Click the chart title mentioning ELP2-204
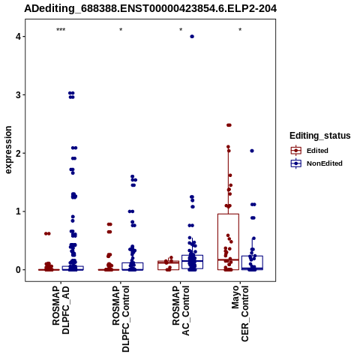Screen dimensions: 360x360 click(x=150, y=8)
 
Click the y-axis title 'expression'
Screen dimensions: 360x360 click(x=8, y=150)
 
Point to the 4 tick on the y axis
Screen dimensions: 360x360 click(x=19, y=37)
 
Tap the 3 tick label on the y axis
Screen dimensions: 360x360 click(x=19, y=94)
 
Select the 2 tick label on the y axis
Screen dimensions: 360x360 click(x=19, y=153)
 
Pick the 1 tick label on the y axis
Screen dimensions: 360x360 click(x=19, y=211)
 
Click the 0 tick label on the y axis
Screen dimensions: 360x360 click(x=19, y=270)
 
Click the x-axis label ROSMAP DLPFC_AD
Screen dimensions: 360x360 click(x=61, y=310)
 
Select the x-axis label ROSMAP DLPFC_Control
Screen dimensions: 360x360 click(x=121, y=319)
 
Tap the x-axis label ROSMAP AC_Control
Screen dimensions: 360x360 click(x=181, y=310)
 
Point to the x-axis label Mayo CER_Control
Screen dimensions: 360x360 click(x=240, y=313)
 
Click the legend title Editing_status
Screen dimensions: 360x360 click(x=320, y=136)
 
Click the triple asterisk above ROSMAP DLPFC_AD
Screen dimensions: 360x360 click(x=61, y=30)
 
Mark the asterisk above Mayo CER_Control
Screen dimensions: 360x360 click(x=240, y=30)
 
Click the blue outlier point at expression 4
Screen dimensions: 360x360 click(x=192, y=37)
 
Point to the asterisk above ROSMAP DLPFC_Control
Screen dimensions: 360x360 click(x=121, y=30)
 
